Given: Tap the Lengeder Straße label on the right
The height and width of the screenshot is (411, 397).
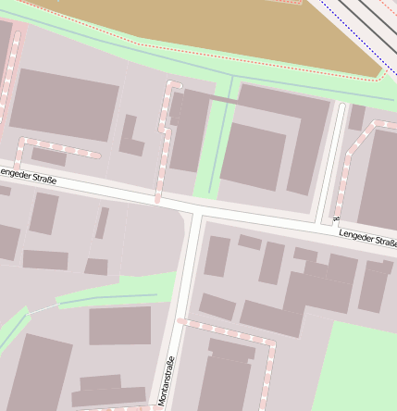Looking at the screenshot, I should click(367, 240).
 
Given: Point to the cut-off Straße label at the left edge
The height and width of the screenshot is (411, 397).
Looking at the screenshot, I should click(27, 174).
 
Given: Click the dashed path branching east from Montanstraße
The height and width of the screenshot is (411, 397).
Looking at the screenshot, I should click(227, 331).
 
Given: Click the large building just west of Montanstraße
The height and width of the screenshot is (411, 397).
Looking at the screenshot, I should click(119, 326).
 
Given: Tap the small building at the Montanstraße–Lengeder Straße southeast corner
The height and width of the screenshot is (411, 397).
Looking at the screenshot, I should click(217, 255).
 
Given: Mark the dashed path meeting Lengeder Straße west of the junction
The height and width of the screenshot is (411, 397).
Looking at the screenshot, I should click(163, 148).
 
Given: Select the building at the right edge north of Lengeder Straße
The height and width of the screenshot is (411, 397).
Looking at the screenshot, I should click(378, 181).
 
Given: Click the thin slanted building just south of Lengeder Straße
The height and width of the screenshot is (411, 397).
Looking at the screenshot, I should click(102, 223).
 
